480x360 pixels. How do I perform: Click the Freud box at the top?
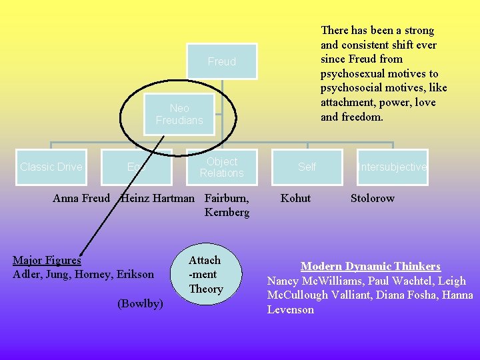(221, 61)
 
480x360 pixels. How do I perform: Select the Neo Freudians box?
(179, 114)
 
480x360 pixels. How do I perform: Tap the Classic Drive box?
(51, 167)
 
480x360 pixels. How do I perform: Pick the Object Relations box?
(221, 167)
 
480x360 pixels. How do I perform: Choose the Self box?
(307, 167)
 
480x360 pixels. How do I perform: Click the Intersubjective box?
(392, 167)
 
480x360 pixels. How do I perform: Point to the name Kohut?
(295, 198)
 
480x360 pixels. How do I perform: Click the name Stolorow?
(373, 198)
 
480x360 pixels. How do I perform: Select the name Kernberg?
(227, 213)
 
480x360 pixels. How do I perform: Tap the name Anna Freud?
(81, 198)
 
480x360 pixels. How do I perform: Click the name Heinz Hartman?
(157, 198)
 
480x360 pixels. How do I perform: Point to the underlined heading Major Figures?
(47, 260)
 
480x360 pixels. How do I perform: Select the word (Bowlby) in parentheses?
(140, 303)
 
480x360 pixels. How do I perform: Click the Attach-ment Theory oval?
(205, 274)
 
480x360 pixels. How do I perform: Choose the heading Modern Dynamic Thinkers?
(371, 266)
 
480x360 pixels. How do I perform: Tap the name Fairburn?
(227, 198)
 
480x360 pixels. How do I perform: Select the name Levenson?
(290, 310)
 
